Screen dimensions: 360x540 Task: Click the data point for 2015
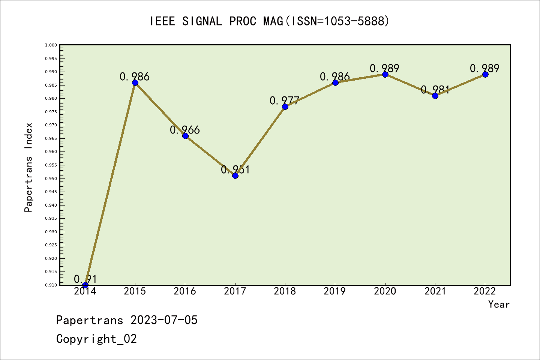coord(135,82)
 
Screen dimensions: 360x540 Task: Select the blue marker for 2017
coord(235,175)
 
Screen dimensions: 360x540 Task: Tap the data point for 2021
coord(435,96)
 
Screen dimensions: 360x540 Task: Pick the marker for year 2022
coord(485,74)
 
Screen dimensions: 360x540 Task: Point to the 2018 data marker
coord(285,106)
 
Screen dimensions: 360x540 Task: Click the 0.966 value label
coord(185,130)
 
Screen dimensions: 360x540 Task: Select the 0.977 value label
coord(285,100)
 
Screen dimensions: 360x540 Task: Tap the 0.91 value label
coord(85,279)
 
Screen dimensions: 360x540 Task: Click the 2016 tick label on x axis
coord(185,291)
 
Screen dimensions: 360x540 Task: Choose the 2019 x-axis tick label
coord(335,291)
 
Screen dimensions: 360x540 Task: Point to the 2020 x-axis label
coord(385,291)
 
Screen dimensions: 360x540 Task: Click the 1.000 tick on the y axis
coord(51,45)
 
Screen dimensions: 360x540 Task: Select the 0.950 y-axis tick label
coord(51,178)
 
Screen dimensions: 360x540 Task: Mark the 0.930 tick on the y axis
coord(51,232)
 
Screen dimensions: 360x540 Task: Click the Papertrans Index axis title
coord(28,167)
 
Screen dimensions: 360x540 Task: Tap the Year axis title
coord(499,304)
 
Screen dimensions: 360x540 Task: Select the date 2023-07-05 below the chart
coord(164,320)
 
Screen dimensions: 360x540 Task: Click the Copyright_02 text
coord(96,339)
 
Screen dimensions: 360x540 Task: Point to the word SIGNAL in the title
coord(202,21)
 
